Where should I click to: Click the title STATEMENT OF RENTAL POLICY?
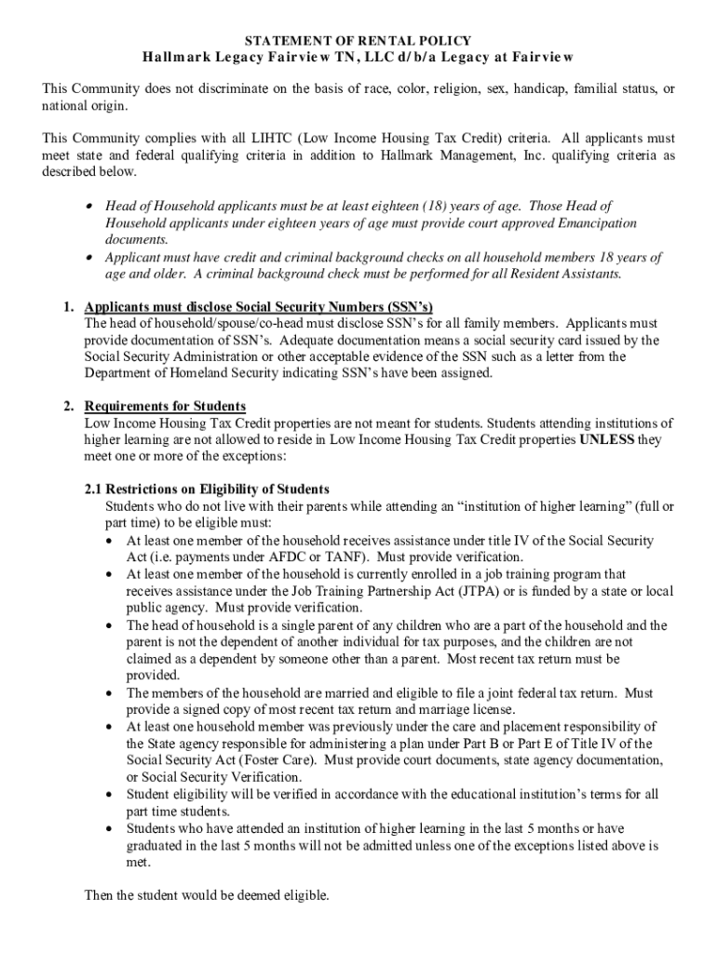[x=358, y=41]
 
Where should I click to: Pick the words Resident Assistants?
[x=570, y=274]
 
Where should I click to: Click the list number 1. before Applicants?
[x=69, y=306]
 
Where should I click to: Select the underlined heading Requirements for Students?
[x=165, y=407]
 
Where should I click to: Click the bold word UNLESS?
[x=607, y=440]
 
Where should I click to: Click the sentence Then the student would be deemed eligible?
[x=207, y=896]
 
